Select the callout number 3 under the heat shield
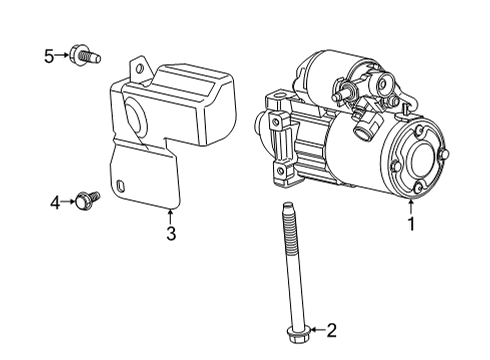170,233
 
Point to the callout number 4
56,203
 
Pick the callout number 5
48,55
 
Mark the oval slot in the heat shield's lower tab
120,186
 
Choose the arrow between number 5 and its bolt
62,55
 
